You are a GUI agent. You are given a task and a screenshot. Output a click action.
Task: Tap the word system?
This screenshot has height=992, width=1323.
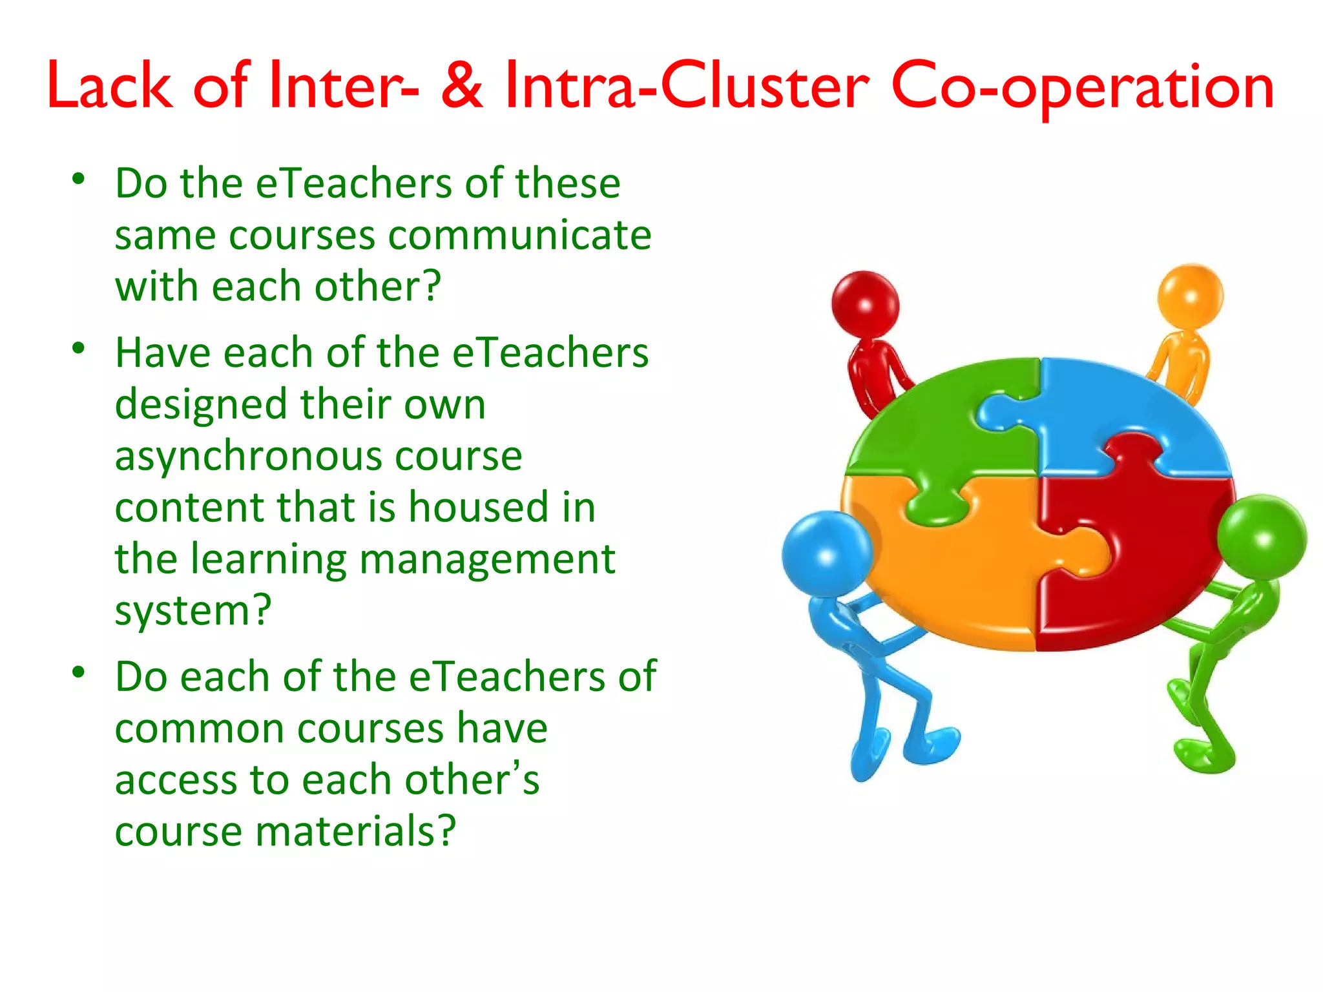pos(193,610)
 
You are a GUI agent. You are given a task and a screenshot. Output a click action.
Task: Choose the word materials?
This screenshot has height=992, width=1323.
pos(356,831)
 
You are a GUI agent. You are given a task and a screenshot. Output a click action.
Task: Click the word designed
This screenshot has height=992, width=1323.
pos(201,405)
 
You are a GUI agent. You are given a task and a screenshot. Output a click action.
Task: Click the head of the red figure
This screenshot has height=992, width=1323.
pos(865,304)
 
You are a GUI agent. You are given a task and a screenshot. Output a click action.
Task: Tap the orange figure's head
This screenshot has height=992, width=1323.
pos(1190,296)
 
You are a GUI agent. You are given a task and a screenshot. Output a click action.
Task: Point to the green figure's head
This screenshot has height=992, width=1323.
pos(1262,537)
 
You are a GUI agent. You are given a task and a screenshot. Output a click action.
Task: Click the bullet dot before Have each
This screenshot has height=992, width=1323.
pos(79,349)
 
